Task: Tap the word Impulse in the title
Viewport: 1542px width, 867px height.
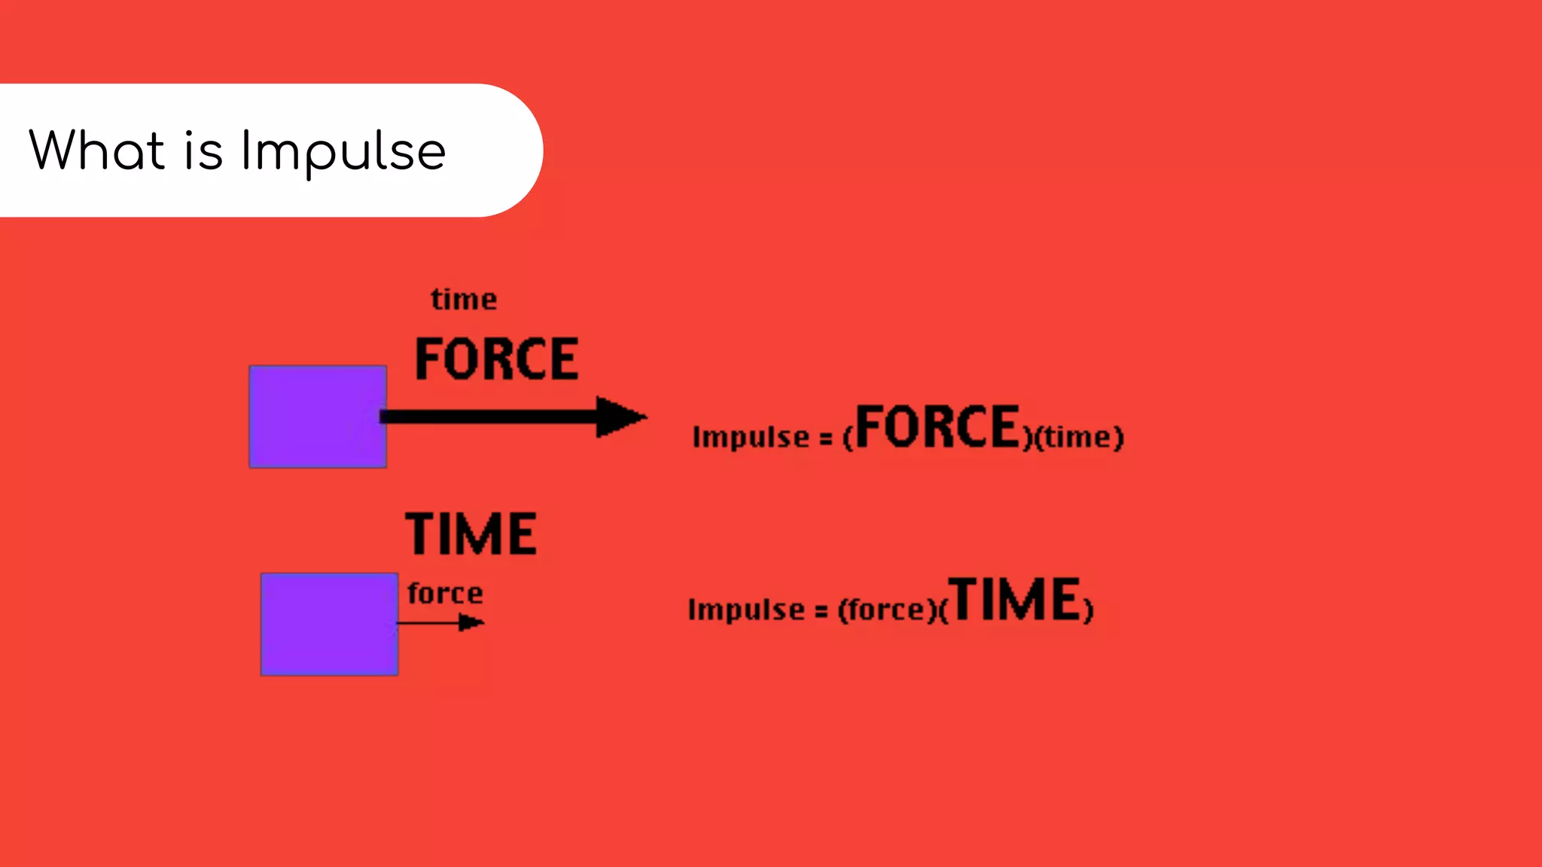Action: click(x=343, y=152)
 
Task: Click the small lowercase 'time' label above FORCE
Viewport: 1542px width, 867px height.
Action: click(x=464, y=300)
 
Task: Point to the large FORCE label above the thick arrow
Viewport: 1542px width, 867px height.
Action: click(x=497, y=359)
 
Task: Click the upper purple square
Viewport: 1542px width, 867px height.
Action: click(x=318, y=416)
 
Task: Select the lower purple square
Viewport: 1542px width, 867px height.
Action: click(x=329, y=624)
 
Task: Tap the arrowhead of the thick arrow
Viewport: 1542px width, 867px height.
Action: click(x=619, y=416)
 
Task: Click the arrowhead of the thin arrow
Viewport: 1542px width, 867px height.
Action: click(x=471, y=622)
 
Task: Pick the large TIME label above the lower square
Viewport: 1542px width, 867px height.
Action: click(x=471, y=534)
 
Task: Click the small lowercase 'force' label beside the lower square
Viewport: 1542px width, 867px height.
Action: click(x=445, y=593)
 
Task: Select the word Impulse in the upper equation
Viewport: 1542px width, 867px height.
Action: click(x=751, y=437)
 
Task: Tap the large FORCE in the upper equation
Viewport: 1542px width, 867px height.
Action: click(x=937, y=427)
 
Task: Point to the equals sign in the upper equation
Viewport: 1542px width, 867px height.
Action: click(x=826, y=439)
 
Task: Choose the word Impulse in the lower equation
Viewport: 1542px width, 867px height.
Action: click(x=746, y=609)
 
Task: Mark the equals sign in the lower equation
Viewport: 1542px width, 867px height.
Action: click(x=821, y=611)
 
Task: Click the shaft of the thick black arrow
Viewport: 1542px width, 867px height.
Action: click(x=489, y=416)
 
